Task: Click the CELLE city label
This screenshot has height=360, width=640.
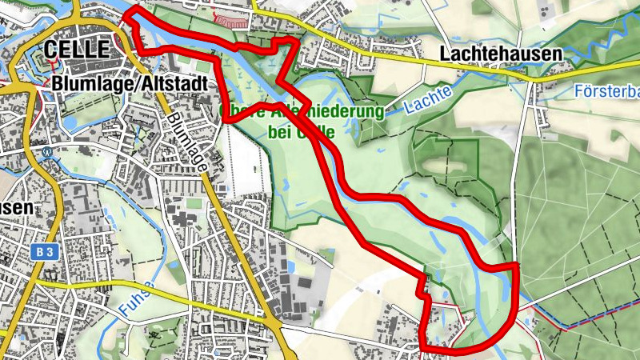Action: point(76,49)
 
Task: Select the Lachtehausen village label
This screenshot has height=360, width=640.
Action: point(501,54)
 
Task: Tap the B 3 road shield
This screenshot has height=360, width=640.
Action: point(45,252)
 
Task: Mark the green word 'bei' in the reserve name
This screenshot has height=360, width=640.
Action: point(228,131)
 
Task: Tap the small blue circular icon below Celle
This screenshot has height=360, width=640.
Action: point(48,150)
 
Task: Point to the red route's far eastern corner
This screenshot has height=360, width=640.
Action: point(516,265)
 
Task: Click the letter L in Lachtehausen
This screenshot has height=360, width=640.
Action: point(446,54)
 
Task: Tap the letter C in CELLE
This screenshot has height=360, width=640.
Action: point(50,49)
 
